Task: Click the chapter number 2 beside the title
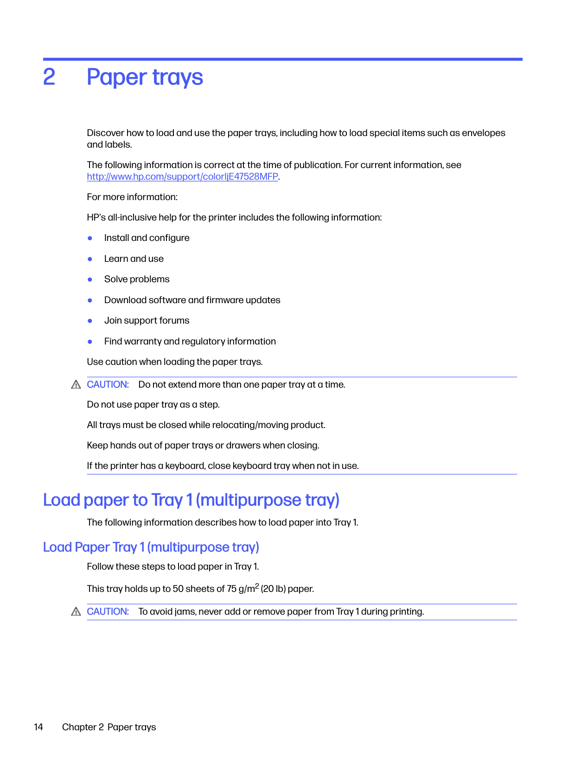(49, 77)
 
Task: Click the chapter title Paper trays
(145, 77)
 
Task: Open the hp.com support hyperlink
(182, 176)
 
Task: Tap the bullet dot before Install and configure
(90, 238)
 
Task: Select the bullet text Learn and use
(134, 259)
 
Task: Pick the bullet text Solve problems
(137, 279)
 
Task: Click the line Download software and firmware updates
(192, 300)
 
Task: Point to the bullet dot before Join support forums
(90, 321)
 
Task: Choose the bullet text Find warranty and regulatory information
(190, 341)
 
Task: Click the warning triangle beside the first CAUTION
(76, 385)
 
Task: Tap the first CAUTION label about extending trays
(108, 384)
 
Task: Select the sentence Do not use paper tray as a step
(153, 404)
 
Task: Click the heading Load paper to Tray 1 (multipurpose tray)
(191, 500)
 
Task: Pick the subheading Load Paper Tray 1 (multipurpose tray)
(151, 547)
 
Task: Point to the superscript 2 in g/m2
(257, 585)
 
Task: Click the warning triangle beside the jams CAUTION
(76, 612)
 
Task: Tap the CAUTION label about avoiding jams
(108, 611)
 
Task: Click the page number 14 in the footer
(38, 727)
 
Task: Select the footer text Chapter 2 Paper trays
(109, 727)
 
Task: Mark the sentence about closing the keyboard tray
(223, 466)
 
